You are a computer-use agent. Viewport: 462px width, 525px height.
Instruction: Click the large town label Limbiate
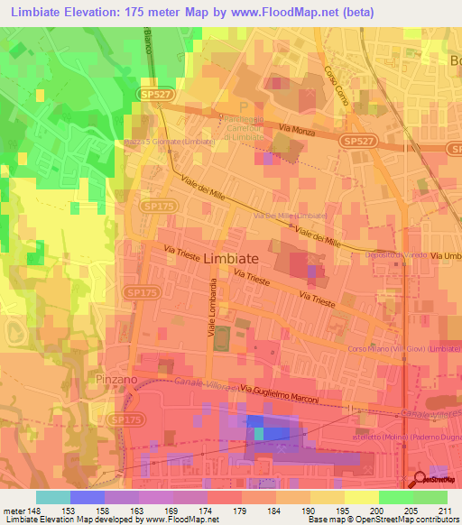[x=218, y=258]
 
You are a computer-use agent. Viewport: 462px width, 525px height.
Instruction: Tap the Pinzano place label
[x=116, y=380]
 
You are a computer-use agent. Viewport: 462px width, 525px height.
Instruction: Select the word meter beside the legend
[x=12, y=510]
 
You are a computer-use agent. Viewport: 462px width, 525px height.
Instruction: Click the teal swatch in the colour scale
[x=53, y=497]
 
